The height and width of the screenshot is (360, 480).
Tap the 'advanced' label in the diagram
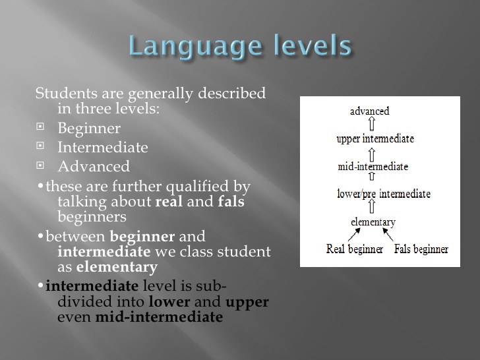(369, 111)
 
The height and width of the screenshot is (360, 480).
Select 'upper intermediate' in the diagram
(375, 138)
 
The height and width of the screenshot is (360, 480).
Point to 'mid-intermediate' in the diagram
(373, 166)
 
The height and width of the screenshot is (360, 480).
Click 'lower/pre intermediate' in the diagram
(383, 194)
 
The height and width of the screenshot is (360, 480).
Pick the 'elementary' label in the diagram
(373, 222)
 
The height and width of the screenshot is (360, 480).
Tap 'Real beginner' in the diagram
(354, 249)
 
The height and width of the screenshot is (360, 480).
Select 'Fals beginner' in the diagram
(421, 249)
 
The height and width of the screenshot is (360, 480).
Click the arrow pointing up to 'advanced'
(372, 125)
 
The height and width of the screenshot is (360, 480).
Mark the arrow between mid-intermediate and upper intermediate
(372, 152)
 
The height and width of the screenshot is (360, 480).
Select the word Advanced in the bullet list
(94, 166)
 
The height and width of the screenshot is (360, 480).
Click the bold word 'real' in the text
(169, 202)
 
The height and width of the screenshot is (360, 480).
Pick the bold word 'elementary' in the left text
(117, 267)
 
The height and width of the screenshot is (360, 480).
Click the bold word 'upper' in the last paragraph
(247, 302)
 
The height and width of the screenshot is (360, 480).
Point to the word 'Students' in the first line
(62, 93)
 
